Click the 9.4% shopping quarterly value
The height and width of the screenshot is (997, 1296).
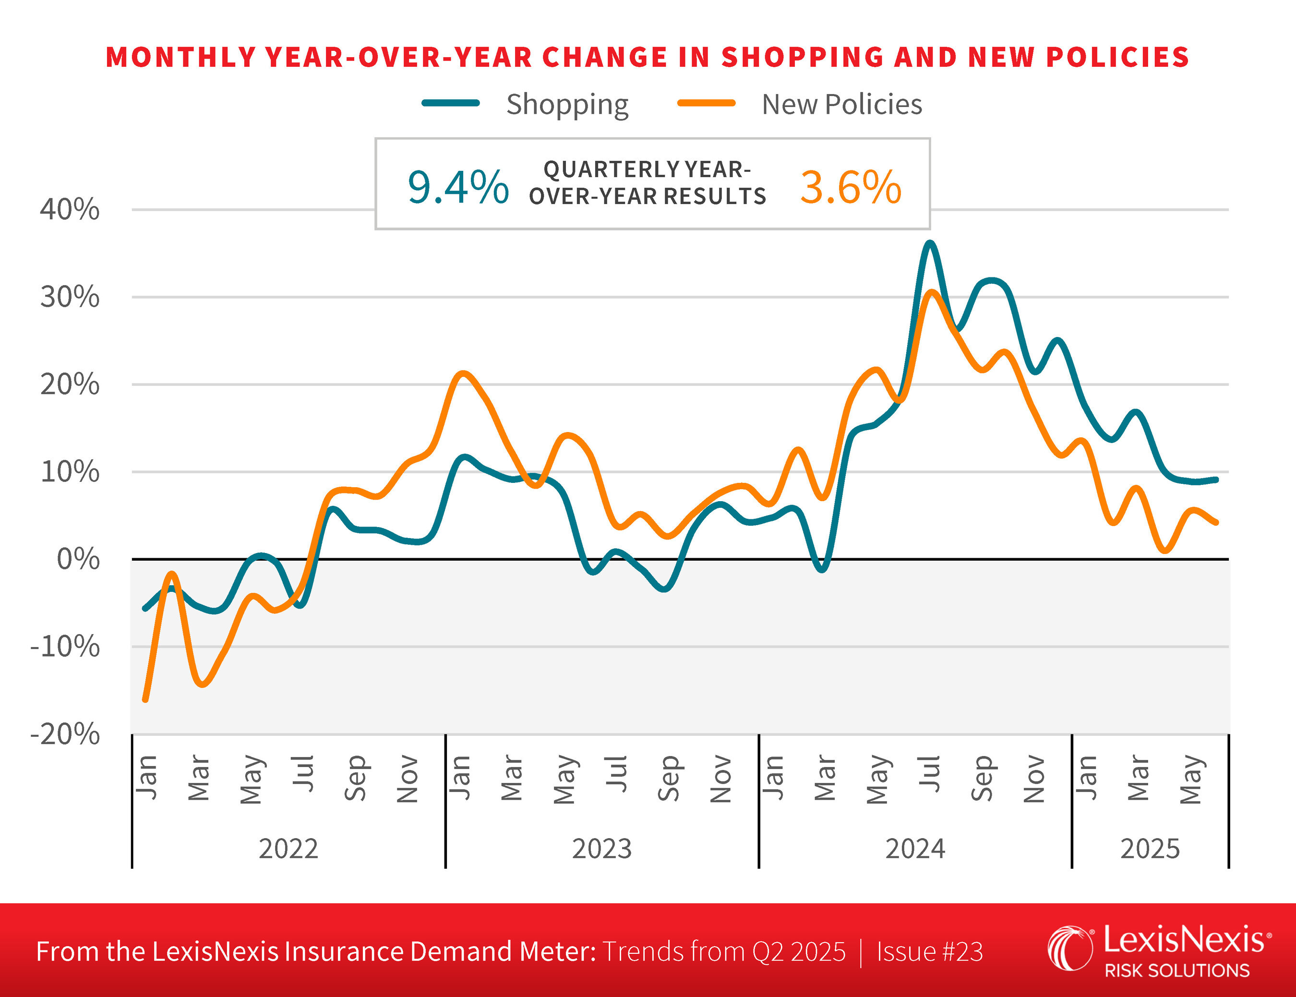point(457,188)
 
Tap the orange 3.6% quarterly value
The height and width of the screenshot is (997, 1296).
point(851,188)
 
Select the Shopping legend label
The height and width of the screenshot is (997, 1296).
point(567,105)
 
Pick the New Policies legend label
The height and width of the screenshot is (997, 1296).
point(841,105)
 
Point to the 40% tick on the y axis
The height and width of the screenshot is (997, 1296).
point(70,209)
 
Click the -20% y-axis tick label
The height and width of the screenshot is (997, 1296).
point(65,734)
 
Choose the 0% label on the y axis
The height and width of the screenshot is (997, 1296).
point(78,559)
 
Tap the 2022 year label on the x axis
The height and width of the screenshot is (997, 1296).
point(288,849)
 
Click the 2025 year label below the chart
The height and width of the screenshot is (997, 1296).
point(1150,849)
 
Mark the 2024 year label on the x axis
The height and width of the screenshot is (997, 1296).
point(915,849)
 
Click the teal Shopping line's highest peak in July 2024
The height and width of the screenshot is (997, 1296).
point(930,243)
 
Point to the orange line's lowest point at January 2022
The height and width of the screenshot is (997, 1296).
point(145,700)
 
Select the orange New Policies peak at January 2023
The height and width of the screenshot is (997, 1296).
point(463,373)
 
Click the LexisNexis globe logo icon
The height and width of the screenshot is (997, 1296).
point(1069,949)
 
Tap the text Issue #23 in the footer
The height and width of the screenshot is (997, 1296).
point(929,952)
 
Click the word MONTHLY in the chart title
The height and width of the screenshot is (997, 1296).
point(180,58)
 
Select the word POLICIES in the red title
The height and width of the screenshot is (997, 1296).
point(1117,58)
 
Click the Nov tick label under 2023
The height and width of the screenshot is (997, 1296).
point(721,779)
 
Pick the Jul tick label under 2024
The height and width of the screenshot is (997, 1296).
point(930,774)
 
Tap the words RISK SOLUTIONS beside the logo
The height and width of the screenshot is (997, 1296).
point(1177,970)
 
